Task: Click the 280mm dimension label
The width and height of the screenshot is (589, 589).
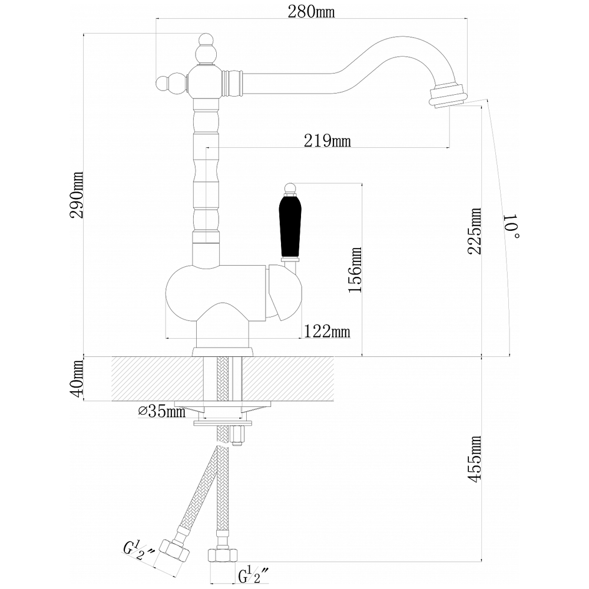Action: point(311,12)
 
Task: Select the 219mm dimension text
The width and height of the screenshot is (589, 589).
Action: point(327,141)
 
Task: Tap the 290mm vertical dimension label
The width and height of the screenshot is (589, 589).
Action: point(77,195)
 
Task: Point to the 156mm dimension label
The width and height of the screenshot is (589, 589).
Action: point(355,270)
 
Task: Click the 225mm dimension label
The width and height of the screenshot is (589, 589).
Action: point(474,231)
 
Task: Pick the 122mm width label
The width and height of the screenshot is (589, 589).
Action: point(327,332)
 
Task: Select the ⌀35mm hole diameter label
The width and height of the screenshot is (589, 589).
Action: point(162,411)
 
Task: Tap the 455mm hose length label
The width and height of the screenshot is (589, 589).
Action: point(474,459)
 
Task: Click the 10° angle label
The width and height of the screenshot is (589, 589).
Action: point(512,227)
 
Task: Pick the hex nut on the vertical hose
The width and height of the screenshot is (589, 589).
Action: point(223,555)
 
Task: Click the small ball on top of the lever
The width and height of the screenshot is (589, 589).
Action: point(290,188)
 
